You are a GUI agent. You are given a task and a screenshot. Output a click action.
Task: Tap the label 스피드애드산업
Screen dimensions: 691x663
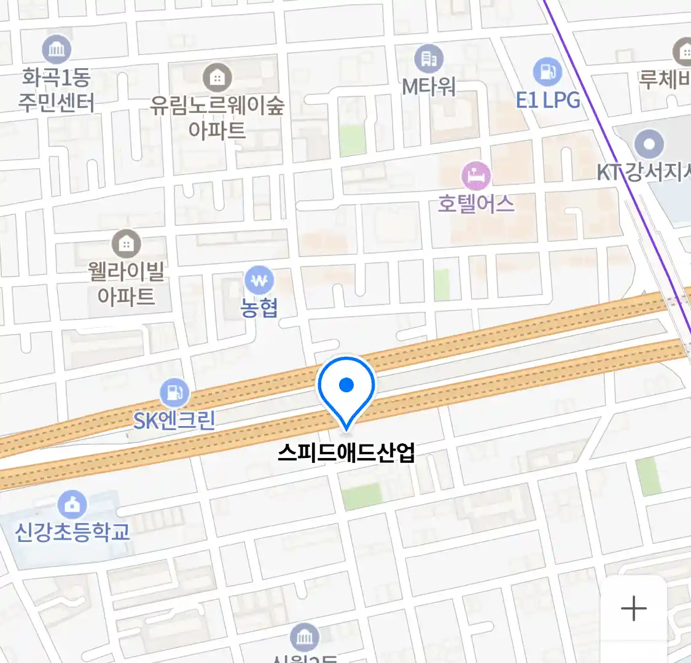tap(346, 452)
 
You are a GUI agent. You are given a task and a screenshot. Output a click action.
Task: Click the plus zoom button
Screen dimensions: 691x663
tap(633, 608)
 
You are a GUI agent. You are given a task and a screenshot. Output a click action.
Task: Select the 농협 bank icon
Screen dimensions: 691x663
tap(259, 281)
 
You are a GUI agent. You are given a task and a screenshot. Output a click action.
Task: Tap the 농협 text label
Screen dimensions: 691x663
tap(259, 307)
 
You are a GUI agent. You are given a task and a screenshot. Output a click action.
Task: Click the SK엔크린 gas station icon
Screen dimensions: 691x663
tap(174, 392)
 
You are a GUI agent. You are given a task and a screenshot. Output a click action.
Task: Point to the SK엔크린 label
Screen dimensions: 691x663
tap(174, 420)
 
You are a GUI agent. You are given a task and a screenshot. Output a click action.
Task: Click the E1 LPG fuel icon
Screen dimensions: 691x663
tap(547, 72)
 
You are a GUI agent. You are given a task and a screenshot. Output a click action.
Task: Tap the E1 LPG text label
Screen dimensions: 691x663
tap(548, 99)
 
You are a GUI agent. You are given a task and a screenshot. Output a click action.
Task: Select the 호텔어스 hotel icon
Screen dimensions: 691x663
tap(476, 176)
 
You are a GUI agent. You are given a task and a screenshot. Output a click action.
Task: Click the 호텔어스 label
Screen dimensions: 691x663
tap(476, 203)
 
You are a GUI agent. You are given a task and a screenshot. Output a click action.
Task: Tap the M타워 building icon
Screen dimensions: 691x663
tap(429, 59)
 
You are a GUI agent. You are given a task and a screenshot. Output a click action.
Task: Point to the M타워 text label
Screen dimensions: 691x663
tap(429, 87)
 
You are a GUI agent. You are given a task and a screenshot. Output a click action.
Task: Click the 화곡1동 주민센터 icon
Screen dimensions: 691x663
tap(57, 50)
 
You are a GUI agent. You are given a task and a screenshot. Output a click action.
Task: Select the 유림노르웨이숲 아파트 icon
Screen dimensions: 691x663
tap(217, 77)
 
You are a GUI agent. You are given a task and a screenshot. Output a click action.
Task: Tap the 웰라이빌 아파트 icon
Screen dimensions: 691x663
tap(126, 244)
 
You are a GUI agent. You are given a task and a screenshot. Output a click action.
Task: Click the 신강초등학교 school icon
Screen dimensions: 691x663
tap(72, 505)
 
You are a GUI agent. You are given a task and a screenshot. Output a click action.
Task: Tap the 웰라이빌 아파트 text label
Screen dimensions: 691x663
tap(126, 284)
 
